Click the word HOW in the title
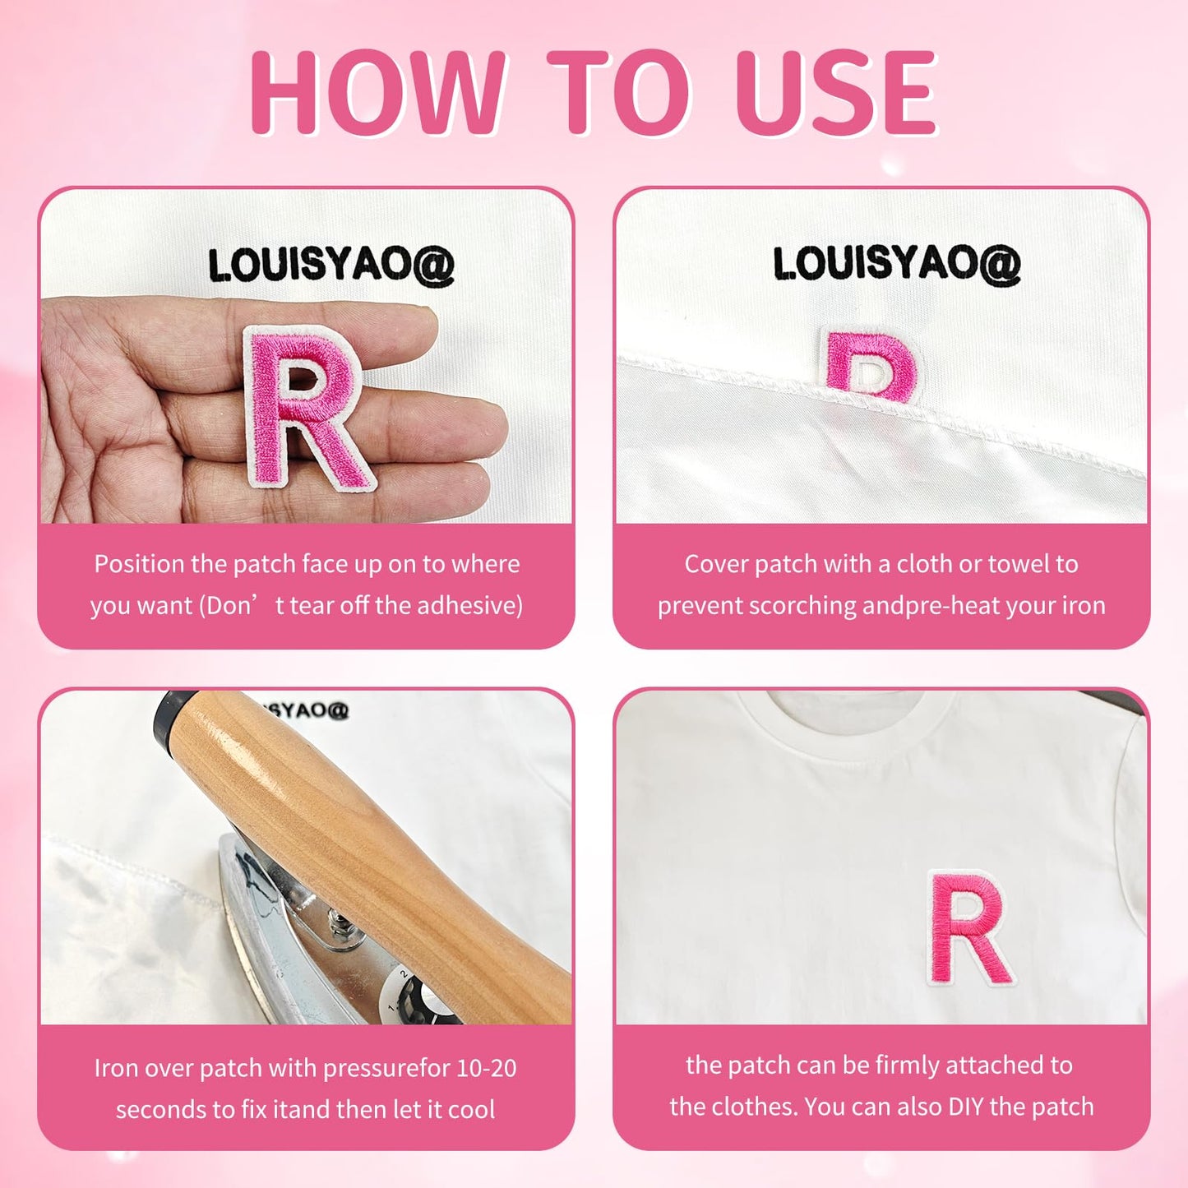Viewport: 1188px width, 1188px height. [378, 92]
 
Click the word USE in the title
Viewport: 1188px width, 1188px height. [836, 92]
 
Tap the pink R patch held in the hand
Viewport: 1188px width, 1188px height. [308, 408]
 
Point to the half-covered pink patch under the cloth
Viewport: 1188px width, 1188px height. [871, 362]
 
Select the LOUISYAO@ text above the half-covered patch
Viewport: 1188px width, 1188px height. [897, 265]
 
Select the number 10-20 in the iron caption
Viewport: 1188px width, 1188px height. [486, 1069]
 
